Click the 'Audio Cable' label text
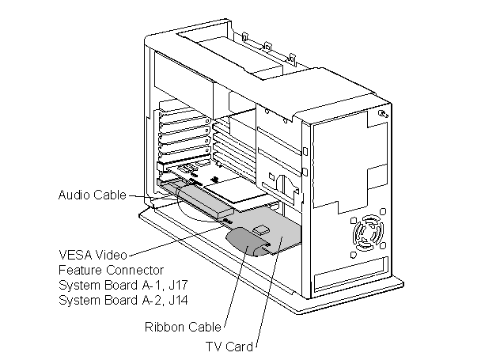[92, 195]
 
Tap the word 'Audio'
[75, 195]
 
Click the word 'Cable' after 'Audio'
[109, 195]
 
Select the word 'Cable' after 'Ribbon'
[204, 327]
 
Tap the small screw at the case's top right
[383, 115]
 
